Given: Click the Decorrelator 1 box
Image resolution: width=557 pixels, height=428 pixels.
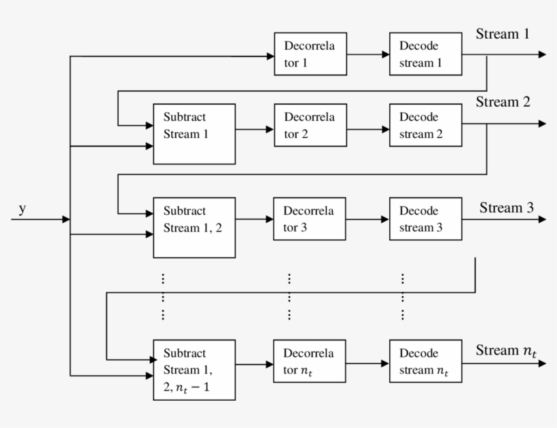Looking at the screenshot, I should pos(310,54).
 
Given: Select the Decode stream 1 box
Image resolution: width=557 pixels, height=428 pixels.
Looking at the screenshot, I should pos(425,54).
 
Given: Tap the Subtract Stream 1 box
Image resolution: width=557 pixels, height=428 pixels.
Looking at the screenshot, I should pos(194,134).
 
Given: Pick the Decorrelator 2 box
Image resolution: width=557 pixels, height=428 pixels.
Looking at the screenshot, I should pos(310,125).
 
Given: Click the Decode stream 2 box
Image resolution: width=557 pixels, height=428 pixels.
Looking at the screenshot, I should pos(425,125).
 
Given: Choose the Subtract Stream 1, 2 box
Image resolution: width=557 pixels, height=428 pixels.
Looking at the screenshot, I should pos(194,228).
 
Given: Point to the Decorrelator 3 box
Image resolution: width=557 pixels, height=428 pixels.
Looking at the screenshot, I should pos(309,219).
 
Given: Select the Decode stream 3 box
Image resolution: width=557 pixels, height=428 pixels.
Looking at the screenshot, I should pos(425,219).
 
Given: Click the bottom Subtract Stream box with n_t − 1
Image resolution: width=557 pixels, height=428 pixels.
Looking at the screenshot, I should pos(194,370).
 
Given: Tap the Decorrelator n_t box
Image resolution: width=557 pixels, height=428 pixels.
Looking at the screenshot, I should pos(309,361).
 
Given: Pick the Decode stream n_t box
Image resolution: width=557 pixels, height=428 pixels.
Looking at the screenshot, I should pos(425,361).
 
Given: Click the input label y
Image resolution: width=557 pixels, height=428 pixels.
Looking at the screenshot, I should pos(22,209).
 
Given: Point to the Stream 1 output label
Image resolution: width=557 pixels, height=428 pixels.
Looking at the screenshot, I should pos(502,34).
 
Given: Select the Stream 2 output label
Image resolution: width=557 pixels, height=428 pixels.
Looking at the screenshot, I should pos(503,103).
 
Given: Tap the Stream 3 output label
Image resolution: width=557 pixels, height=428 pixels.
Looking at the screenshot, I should pos(507,207).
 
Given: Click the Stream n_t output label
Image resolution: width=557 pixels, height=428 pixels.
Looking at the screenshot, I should pos(506,351).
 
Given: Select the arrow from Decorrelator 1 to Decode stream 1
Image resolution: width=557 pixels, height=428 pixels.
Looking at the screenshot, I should pos(368,54).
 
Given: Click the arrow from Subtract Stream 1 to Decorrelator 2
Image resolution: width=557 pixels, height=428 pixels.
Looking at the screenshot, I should pos(254,128).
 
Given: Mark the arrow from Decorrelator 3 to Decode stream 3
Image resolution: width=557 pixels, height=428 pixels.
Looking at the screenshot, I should pos(367,219).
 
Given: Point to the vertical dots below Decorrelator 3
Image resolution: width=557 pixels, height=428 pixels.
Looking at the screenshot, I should pos(289,297).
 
